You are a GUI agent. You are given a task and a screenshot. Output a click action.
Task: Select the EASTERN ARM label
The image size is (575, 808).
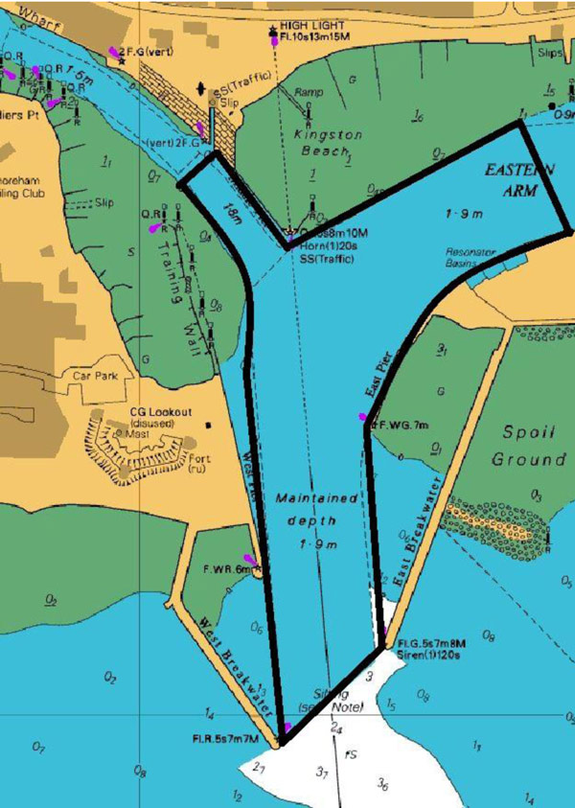(x=518, y=179)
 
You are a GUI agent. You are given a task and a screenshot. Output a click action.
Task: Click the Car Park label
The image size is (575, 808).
(x=94, y=376)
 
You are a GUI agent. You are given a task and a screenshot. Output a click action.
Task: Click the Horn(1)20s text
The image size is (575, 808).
(x=328, y=245)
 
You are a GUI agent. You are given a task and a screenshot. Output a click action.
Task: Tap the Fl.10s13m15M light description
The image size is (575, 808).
(x=317, y=38)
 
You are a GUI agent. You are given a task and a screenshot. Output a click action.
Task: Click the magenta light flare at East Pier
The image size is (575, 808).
(x=362, y=417)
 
